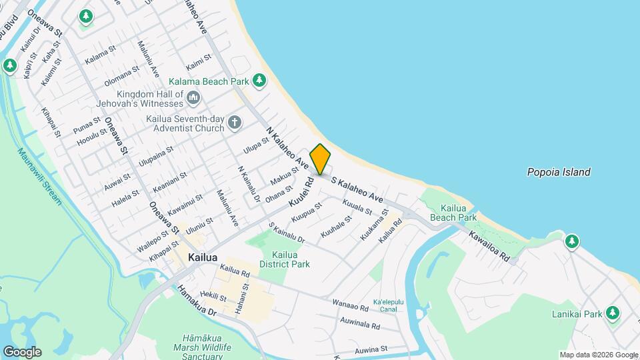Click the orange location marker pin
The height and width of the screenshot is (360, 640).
[320, 159]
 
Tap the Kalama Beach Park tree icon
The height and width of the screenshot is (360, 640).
[259, 81]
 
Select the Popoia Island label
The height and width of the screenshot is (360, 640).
[558, 172]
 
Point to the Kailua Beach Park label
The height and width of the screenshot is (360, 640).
[453, 212]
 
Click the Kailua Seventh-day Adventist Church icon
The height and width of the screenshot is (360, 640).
[234, 122]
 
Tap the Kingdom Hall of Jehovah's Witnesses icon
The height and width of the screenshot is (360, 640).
[194, 99]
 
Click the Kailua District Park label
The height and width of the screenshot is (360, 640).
[290, 259]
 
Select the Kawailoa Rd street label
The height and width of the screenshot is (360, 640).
[489, 247]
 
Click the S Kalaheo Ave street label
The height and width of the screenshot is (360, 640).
[357, 189]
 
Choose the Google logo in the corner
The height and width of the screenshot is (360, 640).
[21, 352]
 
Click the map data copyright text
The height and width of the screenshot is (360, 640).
[598, 355]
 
